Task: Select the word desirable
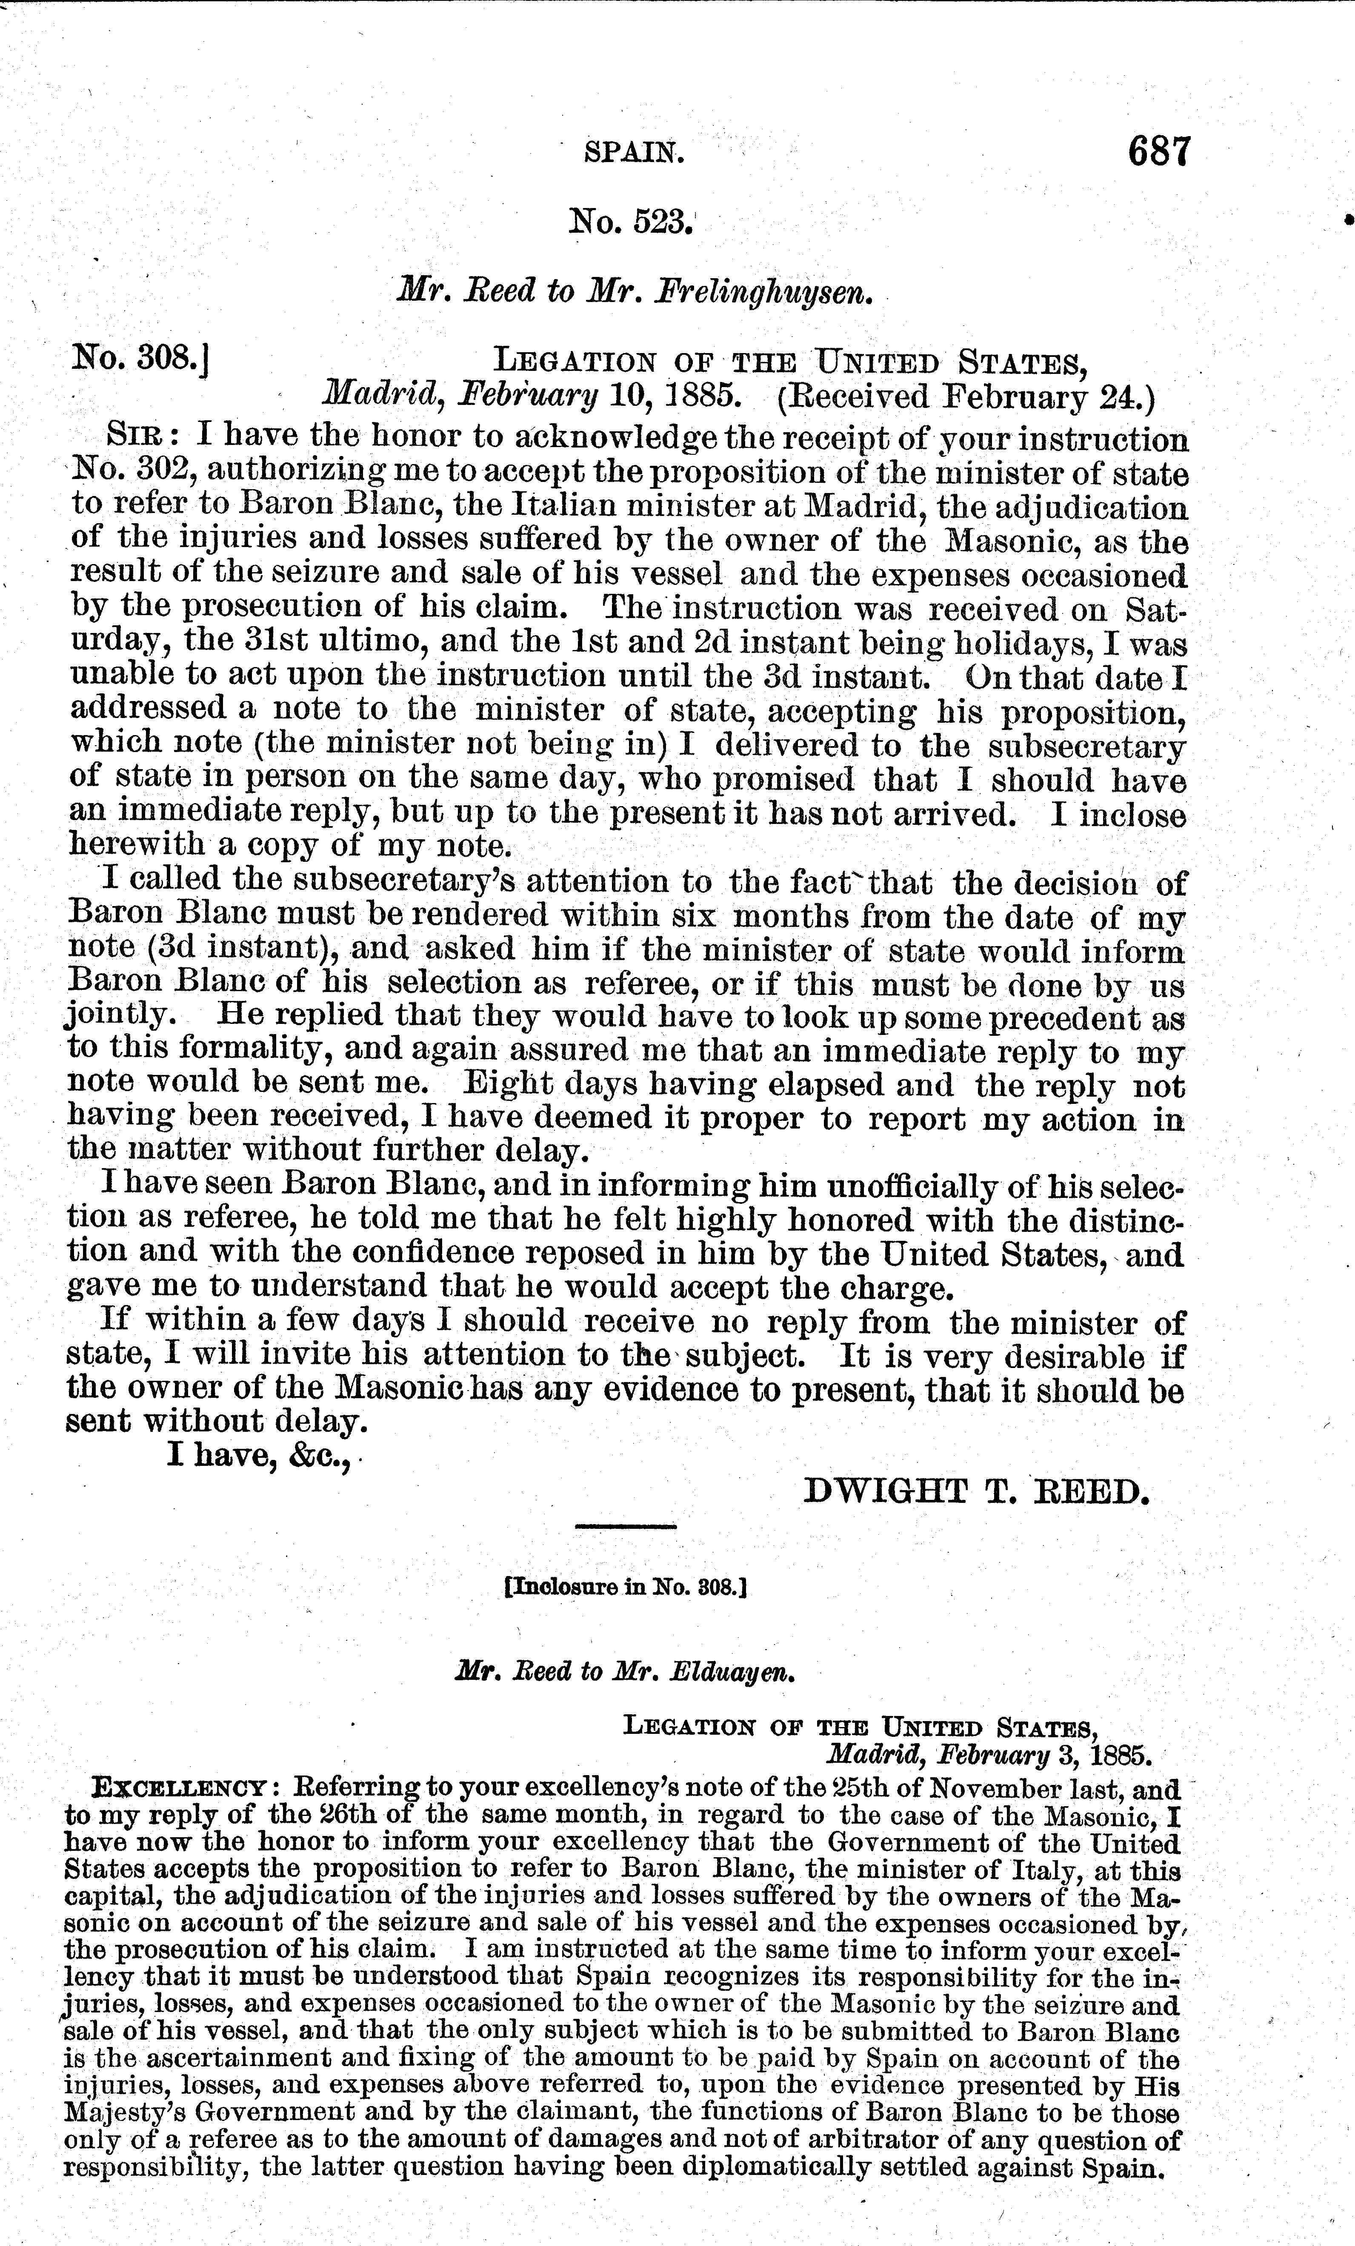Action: coord(1067,1357)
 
